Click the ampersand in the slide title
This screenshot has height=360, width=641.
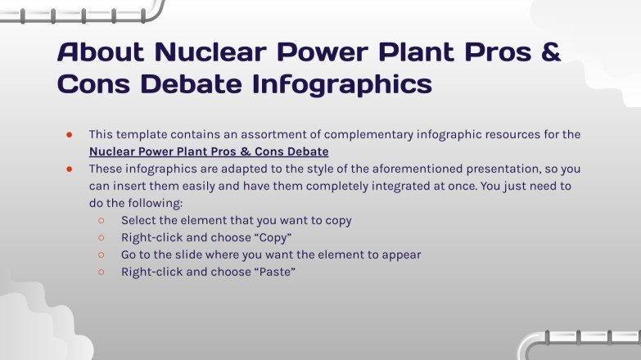(550, 52)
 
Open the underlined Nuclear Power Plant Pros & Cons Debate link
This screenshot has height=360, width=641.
(209, 151)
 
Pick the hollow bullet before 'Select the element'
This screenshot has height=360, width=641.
(101, 221)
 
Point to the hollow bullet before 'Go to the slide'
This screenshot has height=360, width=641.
(101, 255)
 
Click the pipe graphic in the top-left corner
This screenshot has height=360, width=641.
(82, 11)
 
